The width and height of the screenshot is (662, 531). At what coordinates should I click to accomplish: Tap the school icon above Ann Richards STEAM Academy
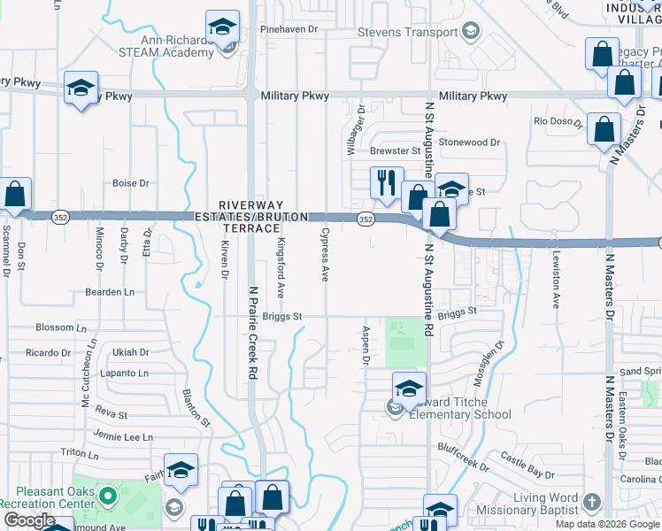point(222,27)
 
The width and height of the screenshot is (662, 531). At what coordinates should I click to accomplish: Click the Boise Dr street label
point(130,183)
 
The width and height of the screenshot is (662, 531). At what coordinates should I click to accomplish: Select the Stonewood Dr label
point(469,142)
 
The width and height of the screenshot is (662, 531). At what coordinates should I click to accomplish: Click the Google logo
point(29,520)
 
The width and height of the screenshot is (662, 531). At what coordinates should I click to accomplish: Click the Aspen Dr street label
point(365,346)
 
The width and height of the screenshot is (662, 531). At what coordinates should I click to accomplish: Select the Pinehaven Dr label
point(288,29)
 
